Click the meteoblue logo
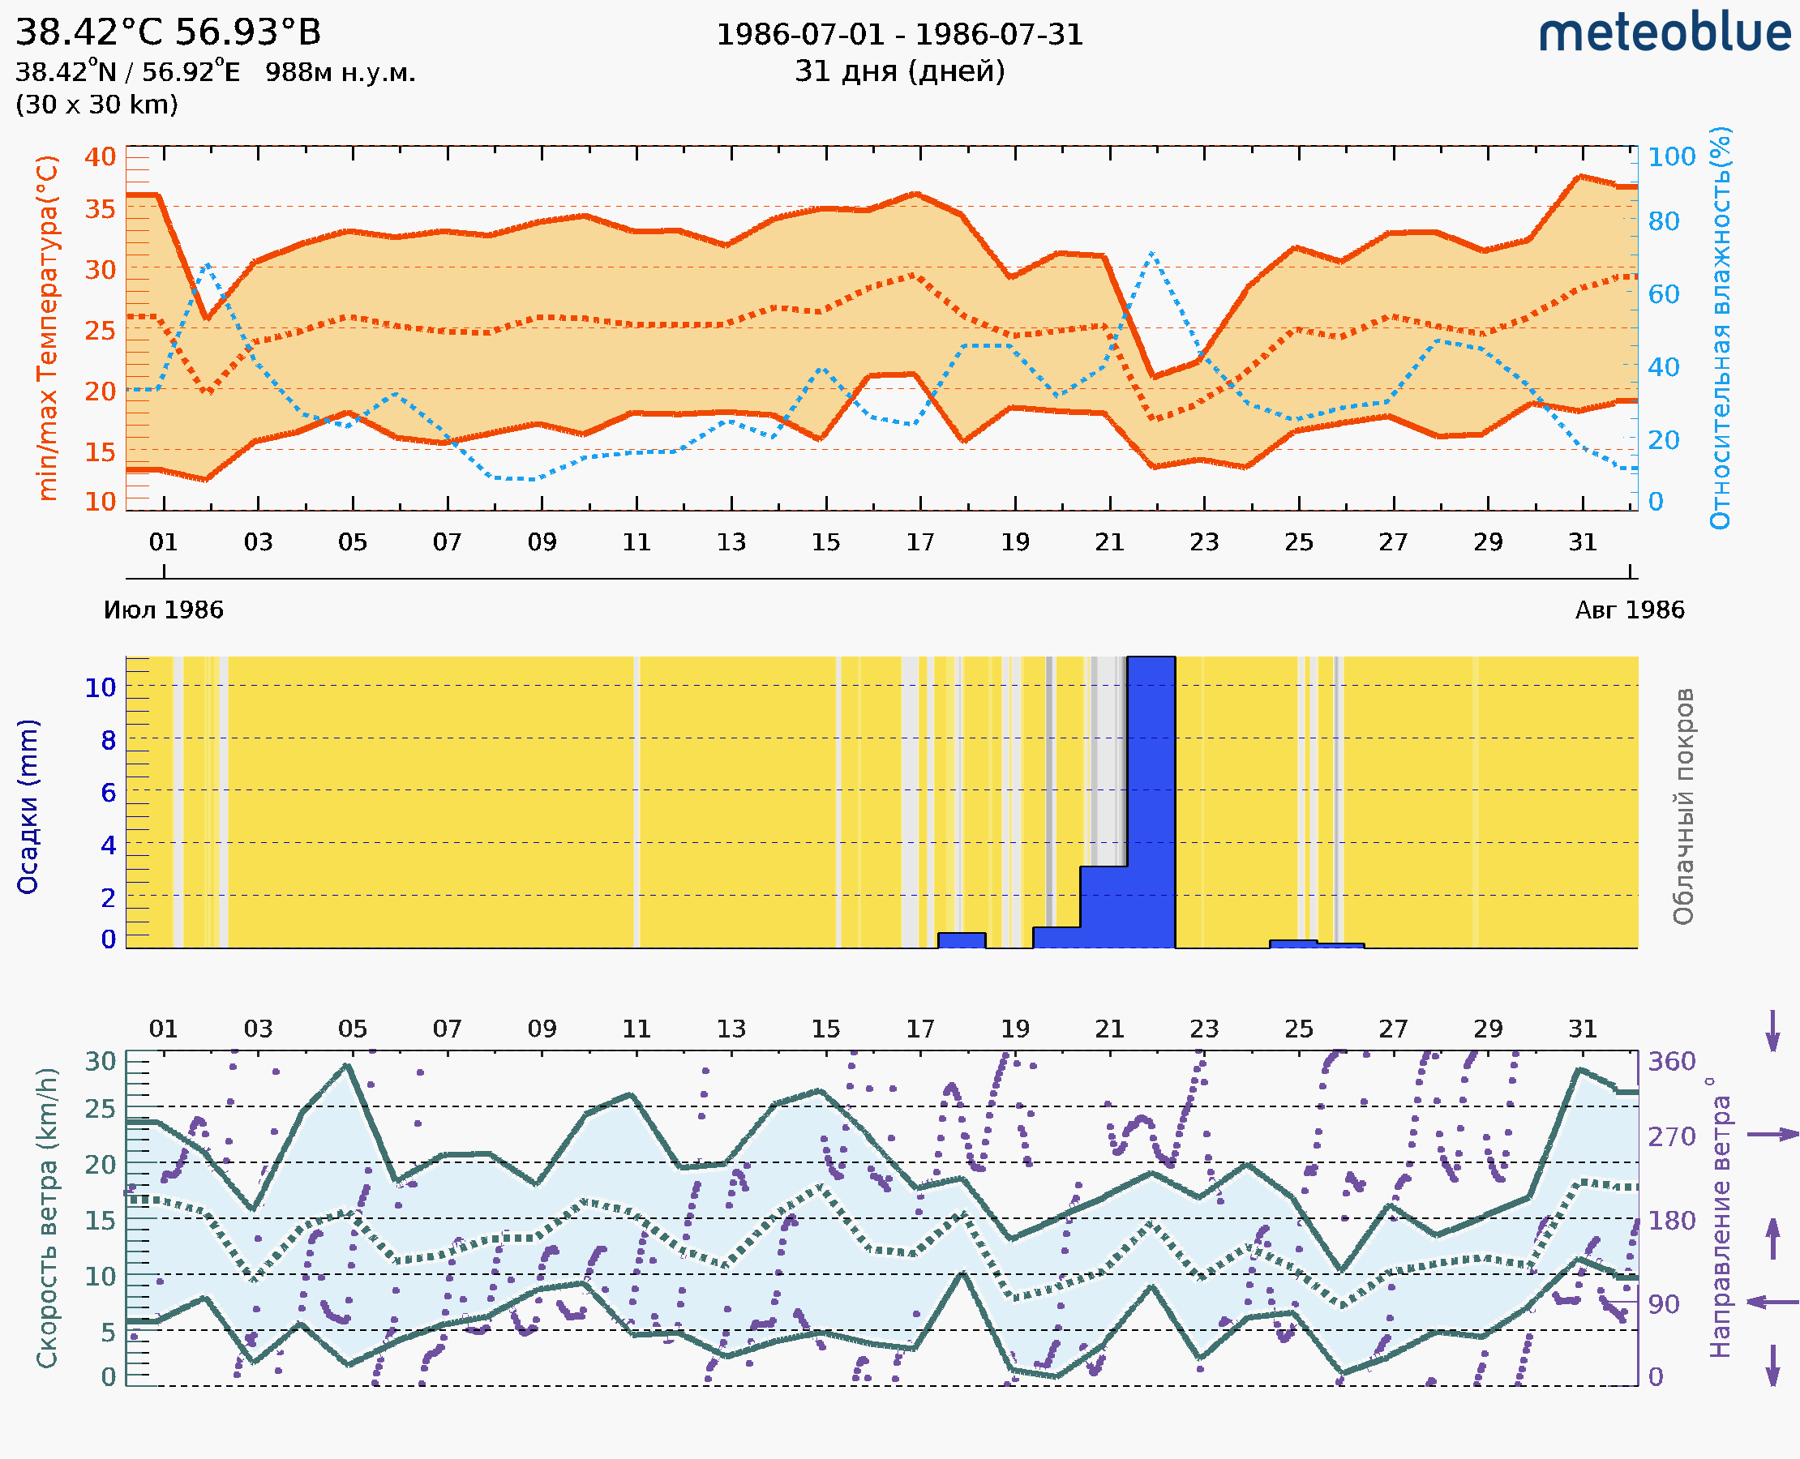(1665, 33)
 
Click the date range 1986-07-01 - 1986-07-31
(899, 35)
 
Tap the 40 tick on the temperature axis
(100, 156)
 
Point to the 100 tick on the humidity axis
(1671, 156)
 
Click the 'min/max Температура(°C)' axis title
(48, 327)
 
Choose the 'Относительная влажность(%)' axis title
(1720, 327)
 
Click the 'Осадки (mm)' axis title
(28, 806)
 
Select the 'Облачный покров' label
(1683, 806)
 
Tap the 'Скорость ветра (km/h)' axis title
(48, 1217)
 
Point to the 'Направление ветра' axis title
(1720, 1217)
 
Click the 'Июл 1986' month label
(163, 610)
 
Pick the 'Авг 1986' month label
(1630, 610)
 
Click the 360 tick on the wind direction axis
(1671, 1062)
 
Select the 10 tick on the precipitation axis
(100, 687)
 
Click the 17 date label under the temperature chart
(920, 542)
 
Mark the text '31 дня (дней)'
(899, 71)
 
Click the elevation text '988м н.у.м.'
(341, 72)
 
